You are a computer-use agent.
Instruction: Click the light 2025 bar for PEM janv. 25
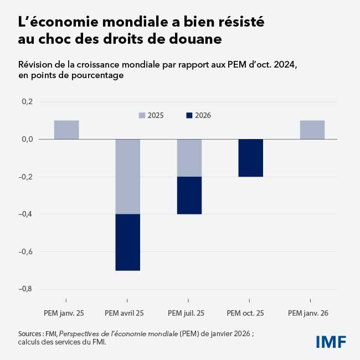pyautogui.click(x=66, y=130)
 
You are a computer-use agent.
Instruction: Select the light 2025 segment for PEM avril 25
pyautogui.click(x=127, y=177)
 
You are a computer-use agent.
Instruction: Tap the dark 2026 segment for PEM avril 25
pyautogui.click(x=127, y=242)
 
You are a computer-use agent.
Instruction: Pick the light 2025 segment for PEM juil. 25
pyautogui.click(x=189, y=158)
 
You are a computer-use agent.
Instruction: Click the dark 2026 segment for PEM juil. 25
pyautogui.click(x=189, y=196)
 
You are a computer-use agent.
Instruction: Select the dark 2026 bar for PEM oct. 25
pyautogui.click(x=251, y=158)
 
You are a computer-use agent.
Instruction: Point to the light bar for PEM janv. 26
pyautogui.click(x=312, y=130)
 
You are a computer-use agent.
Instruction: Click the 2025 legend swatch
pyautogui.click(x=142, y=116)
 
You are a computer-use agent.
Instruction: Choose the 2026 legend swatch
pyautogui.click(x=189, y=116)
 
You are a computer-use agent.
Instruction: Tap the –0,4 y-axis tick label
pyautogui.click(x=26, y=214)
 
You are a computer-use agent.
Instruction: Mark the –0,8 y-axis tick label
pyautogui.click(x=26, y=289)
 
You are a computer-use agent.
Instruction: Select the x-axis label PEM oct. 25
pyautogui.click(x=245, y=313)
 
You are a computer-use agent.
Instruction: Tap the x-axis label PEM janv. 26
pyautogui.click(x=308, y=313)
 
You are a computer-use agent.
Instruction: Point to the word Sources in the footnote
pyautogui.click(x=31, y=334)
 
